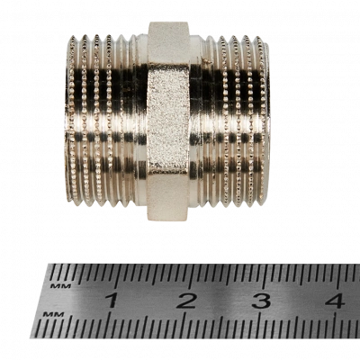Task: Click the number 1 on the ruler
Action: click(112, 301)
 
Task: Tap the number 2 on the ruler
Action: click(186, 301)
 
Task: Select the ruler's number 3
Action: click(262, 301)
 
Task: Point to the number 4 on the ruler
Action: click(336, 301)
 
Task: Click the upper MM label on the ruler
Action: click(60, 286)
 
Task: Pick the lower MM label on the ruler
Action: click(53, 314)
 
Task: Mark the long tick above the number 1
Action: click(116, 276)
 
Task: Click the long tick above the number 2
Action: click(191, 276)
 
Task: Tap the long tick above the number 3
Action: click(265, 276)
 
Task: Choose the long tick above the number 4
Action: click(339, 276)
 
